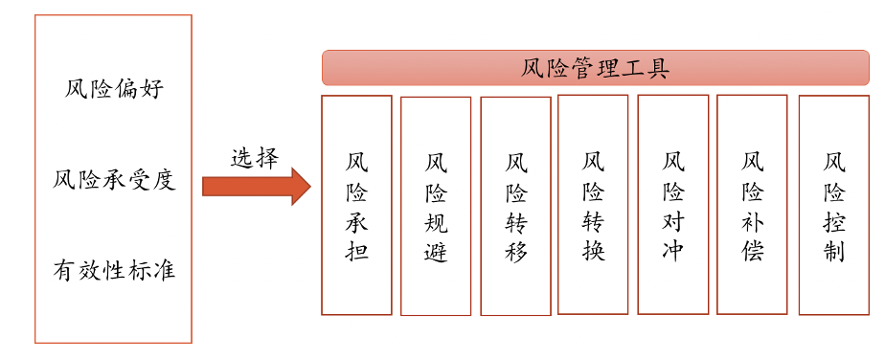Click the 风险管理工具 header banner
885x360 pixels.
(596, 68)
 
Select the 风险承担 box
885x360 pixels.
(356, 205)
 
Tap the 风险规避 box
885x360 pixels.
(436, 207)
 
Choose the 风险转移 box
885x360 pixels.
(516, 207)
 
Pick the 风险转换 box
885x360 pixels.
(593, 204)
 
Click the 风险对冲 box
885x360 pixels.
(672, 204)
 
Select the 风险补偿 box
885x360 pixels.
(752, 204)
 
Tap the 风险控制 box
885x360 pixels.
(834, 206)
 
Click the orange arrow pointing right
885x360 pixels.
(257, 186)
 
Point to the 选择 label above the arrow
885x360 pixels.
(254, 159)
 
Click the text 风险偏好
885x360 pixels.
(114, 89)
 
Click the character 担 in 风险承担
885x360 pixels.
(356, 249)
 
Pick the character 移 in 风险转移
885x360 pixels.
(516, 251)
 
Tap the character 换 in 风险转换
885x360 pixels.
(593, 249)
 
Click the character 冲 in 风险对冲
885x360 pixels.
(672, 249)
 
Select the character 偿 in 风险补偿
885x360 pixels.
(753, 249)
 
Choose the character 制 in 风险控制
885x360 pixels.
(834, 251)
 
